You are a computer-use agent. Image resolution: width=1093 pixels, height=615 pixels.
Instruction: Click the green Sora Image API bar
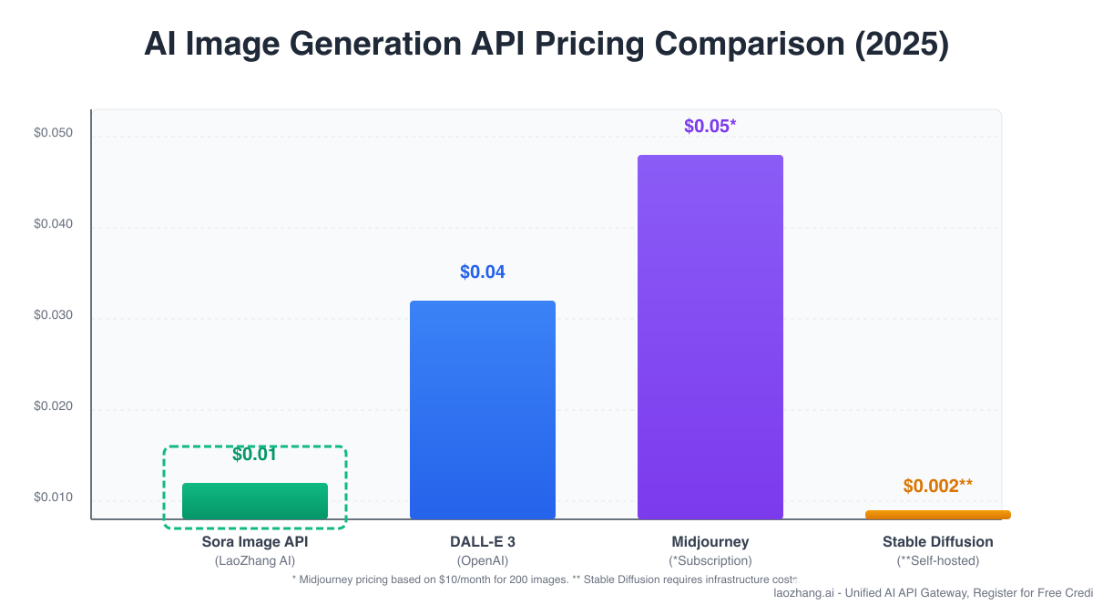[255, 501]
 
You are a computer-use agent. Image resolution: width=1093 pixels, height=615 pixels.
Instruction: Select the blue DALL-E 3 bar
[483, 410]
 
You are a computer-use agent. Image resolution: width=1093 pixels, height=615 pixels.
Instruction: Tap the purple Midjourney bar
[710, 337]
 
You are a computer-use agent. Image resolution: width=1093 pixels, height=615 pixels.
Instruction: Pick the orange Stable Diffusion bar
[938, 515]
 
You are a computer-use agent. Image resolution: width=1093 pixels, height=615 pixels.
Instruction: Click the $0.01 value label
[254, 455]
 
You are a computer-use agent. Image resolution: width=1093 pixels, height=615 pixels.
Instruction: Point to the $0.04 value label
[482, 272]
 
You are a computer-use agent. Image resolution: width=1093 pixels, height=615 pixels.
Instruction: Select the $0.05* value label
[710, 126]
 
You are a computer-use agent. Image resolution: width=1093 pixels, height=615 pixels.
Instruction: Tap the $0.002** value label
[937, 487]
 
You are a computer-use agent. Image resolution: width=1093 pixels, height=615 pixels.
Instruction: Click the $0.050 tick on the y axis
[53, 134]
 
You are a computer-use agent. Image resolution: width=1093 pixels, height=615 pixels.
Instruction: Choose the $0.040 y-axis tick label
[53, 225]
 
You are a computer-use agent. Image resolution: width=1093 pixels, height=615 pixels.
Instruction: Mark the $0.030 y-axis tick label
[53, 316]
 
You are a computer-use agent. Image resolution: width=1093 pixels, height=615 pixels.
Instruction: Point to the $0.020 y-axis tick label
[53, 407]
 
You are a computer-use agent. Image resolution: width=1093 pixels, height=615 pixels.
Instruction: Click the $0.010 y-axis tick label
[53, 498]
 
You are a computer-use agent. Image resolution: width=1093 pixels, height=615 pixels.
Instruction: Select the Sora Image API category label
[255, 542]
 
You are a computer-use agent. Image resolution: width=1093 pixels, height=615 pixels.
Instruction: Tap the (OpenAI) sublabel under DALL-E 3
[483, 561]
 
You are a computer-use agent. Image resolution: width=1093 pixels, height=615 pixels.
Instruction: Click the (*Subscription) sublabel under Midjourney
[710, 561]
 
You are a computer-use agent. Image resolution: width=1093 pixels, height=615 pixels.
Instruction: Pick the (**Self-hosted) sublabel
[938, 561]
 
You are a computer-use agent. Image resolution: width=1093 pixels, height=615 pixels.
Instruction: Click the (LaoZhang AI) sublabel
[255, 561]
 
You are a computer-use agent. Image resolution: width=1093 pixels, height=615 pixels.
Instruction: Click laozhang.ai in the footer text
[804, 593]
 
